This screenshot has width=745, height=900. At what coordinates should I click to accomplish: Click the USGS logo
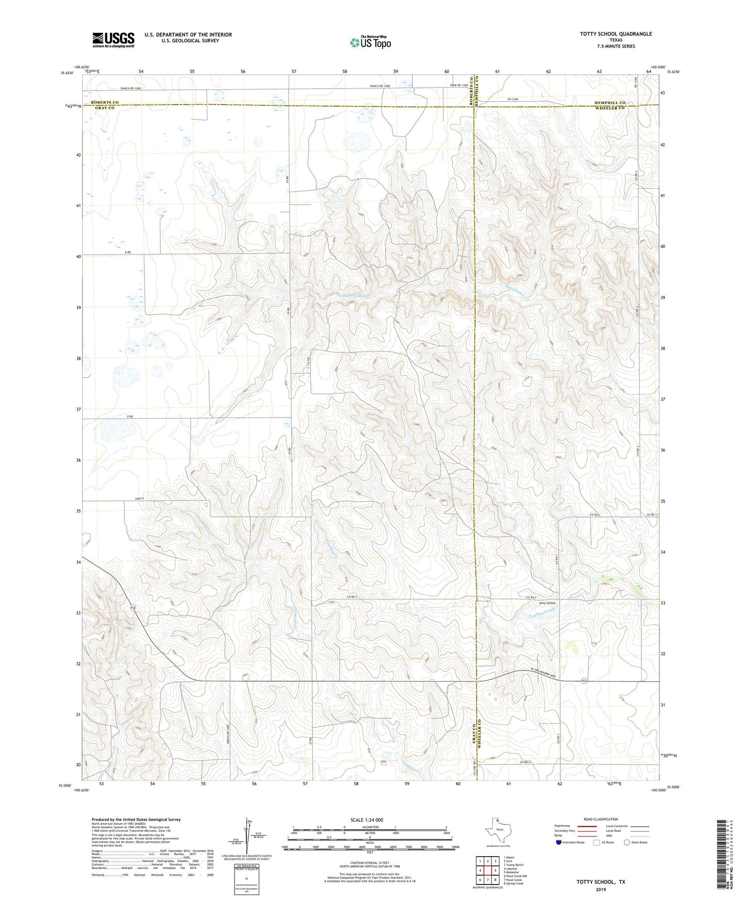coord(113,40)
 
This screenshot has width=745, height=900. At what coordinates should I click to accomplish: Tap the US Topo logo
coord(370,42)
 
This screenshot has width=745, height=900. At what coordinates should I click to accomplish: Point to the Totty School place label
coord(547,603)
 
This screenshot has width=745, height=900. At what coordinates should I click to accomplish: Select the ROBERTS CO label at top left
coord(105,103)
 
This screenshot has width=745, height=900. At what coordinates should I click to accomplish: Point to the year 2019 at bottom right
coord(601,889)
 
